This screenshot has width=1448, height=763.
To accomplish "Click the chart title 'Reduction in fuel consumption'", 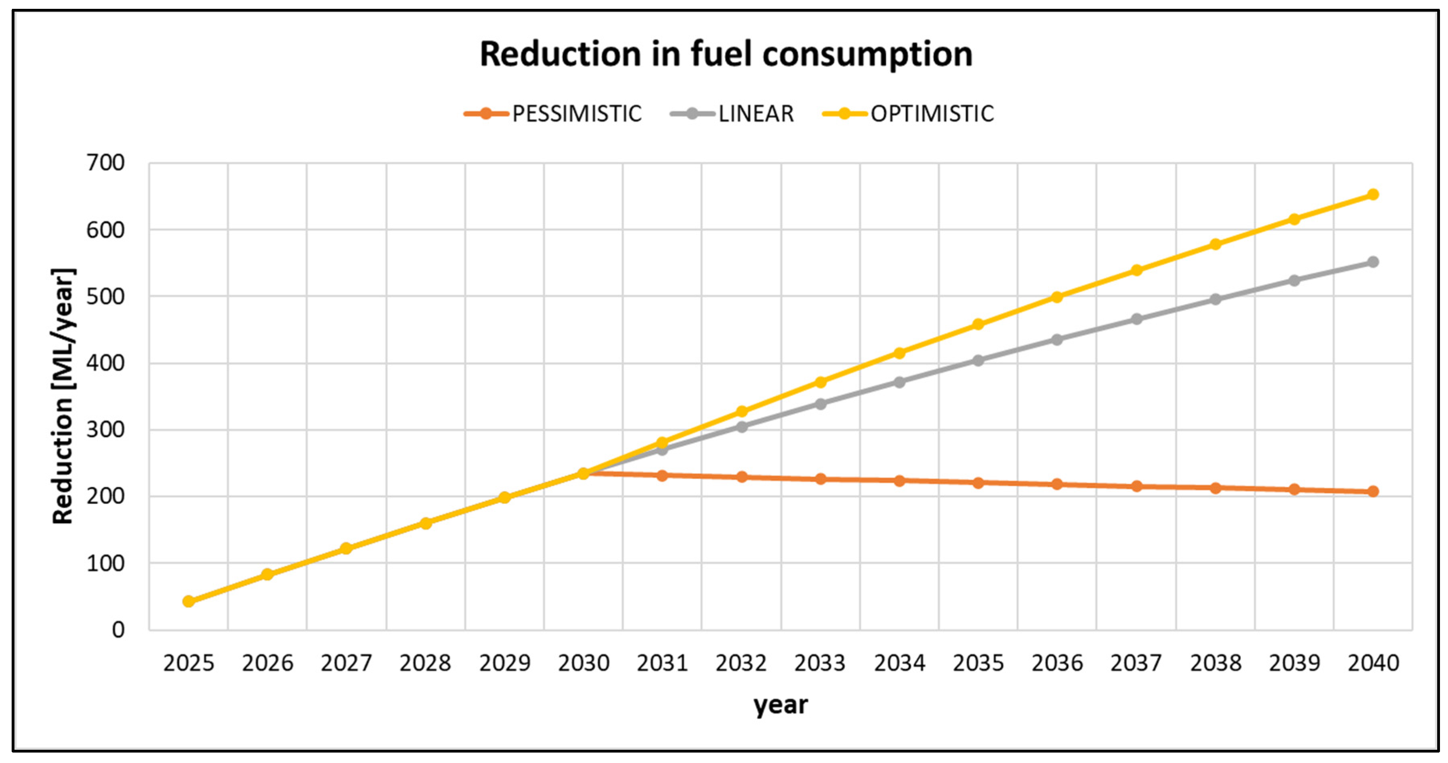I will [726, 55].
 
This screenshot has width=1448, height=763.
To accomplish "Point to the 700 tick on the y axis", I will [106, 163].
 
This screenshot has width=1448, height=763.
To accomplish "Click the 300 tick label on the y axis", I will [106, 430].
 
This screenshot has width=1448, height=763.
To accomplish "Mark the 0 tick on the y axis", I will [118, 630].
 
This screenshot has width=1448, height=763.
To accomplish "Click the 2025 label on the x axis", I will [188, 663].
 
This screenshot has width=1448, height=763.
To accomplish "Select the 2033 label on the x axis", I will [820, 663].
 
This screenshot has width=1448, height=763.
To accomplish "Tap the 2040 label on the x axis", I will [1373, 663].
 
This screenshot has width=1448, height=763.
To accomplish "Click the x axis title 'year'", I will [780, 704].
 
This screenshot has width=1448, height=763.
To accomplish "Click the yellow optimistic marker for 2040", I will [1373, 194].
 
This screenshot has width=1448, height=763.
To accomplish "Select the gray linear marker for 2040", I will [1373, 262].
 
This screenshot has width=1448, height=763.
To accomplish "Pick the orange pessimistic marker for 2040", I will [1373, 491].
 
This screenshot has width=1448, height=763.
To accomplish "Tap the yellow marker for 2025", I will [188, 601].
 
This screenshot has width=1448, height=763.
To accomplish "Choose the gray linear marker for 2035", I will [978, 360].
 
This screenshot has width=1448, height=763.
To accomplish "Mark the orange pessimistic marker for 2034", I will [899, 481].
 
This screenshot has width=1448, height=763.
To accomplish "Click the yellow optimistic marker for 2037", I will [1136, 270].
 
